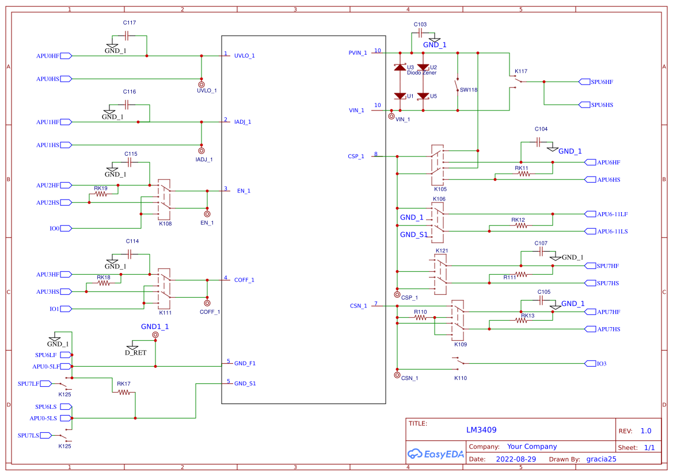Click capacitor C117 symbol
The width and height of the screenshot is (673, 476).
click(126, 36)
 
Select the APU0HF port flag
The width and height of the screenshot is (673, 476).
click(66, 56)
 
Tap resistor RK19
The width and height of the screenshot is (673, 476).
click(101, 194)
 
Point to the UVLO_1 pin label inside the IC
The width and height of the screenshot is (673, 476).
click(244, 56)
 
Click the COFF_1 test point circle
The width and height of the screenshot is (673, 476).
click(207, 303)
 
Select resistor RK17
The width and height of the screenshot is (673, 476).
click(124, 392)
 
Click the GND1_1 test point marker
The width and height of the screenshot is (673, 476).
click(155, 335)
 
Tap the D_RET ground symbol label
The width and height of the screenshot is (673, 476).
click(135, 352)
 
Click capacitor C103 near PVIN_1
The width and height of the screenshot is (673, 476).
click(421, 33)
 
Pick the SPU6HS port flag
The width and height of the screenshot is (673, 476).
click(584, 105)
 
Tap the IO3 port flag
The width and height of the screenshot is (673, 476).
click(590, 363)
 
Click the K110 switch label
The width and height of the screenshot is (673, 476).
click(461, 378)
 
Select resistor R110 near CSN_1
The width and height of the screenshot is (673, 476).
click(421, 317)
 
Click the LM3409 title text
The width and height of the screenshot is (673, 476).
click(481, 430)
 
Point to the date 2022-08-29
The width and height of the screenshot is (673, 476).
click(515, 459)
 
